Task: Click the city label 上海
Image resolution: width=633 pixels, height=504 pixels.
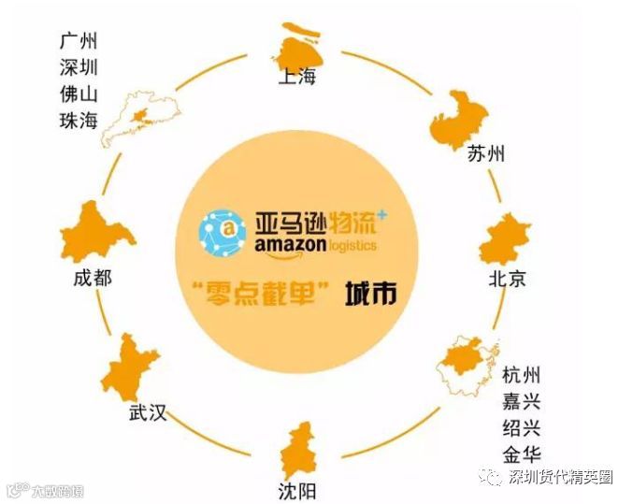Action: (x=296, y=76)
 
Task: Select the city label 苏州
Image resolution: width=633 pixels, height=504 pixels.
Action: (x=485, y=153)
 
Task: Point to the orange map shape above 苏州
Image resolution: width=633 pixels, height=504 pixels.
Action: (x=461, y=118)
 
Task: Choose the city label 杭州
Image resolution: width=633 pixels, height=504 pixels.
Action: (x=521, y=376)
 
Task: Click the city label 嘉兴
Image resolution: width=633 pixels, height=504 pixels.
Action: (x=521, y=403)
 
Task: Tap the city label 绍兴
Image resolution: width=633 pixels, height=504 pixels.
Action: (x=521, y=429)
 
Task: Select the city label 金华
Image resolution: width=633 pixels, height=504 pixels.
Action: (x=521, y=456)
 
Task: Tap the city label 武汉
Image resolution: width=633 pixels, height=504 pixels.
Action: (x=148, y=411)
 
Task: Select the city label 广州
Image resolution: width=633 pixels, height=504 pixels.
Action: (x=79, y=41)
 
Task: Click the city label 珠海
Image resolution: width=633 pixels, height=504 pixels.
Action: (x=79, y=121)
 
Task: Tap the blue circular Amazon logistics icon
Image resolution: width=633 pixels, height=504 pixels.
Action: (x=221, y=230)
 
